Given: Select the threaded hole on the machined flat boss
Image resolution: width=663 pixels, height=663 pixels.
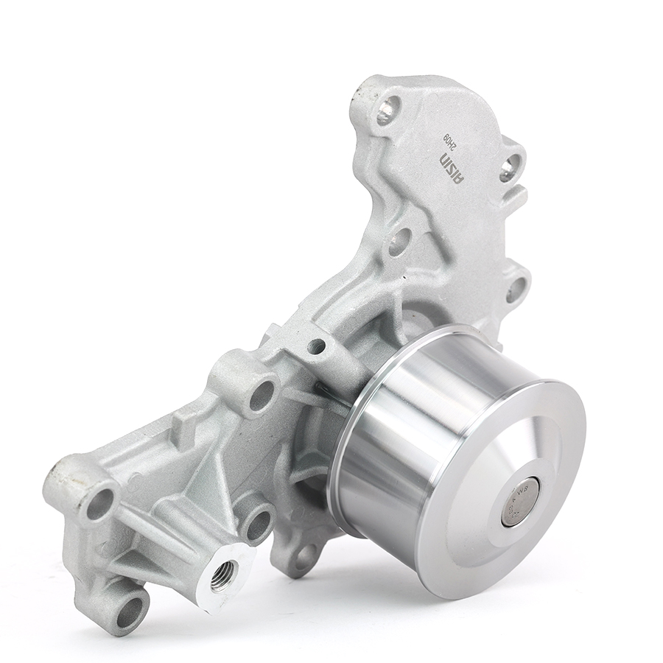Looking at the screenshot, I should (x=224, y=572).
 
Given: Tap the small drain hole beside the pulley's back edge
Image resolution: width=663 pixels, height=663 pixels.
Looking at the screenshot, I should (x=318, y=345).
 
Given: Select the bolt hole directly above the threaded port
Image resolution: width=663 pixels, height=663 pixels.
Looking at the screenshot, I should (x=258, y=523).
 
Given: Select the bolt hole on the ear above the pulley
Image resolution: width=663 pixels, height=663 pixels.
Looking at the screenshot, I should (x=516, y=287).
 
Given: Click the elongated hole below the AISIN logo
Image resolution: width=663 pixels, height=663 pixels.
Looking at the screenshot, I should (x=399, y=241).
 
